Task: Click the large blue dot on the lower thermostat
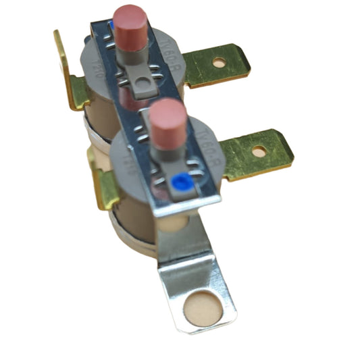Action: (x=180, y=182)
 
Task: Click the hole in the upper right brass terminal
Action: (x=219, y=63)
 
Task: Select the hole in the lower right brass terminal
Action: (x=259, y=151)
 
